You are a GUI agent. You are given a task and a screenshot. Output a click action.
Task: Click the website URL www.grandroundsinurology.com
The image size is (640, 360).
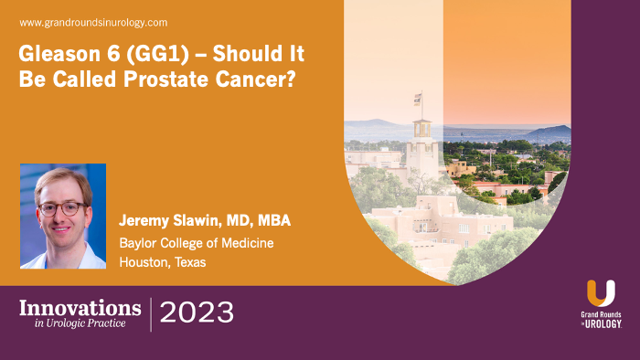coord(92,22)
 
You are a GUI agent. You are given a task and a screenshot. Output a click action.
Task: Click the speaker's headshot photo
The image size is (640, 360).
coord(63,216)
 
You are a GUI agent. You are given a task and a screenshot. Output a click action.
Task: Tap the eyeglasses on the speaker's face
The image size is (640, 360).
coord(61,207)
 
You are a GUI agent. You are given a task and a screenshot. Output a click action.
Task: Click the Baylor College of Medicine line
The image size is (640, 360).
coord(196,243)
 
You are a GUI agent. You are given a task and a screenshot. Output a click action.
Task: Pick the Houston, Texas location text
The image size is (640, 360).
coord(163,262)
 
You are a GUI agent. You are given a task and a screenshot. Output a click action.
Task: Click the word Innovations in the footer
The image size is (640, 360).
coord(80,307)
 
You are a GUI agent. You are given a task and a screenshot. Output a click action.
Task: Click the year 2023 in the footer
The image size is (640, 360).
coord(197,313)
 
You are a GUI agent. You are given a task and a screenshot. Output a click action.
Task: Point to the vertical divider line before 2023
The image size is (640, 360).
coord(151,313)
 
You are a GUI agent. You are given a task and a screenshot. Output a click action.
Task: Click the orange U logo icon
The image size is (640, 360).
coord(601,292)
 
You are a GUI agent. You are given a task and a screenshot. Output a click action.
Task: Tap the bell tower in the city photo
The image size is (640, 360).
coord(421,146)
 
